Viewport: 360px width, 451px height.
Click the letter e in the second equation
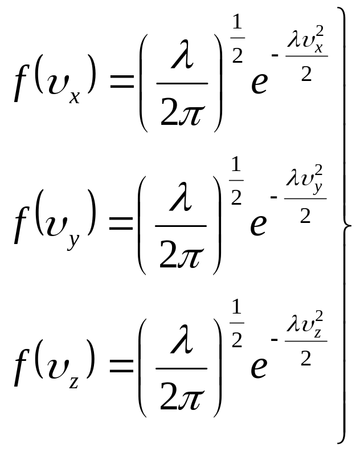[259, 225]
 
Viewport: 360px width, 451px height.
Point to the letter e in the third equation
[259, 367]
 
